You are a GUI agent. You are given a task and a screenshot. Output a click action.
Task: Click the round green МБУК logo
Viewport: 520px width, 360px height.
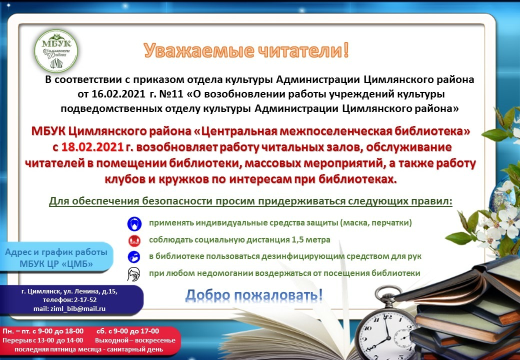tap(56, 50)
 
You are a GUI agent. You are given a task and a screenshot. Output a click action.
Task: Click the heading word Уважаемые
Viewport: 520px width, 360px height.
tap(199, 51)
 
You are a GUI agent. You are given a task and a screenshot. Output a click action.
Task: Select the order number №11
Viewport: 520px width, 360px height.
tap(171, 94)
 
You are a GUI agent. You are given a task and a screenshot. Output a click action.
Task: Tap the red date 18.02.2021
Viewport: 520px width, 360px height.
tap(92, 147)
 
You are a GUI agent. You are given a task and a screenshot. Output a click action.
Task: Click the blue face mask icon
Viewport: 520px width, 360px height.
tap(134, 224)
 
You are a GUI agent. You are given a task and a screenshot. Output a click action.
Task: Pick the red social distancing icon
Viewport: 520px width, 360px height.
tap(134, 240)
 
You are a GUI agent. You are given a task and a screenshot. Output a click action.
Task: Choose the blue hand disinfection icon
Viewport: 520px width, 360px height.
tap(134, 257)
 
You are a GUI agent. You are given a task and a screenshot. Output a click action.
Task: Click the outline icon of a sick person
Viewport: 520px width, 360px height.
tap(133, 274)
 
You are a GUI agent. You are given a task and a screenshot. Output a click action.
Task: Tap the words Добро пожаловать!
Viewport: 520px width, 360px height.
tap(254, 295)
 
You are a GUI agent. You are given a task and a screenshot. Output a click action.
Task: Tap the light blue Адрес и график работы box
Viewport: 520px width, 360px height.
tap(56, 258)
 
